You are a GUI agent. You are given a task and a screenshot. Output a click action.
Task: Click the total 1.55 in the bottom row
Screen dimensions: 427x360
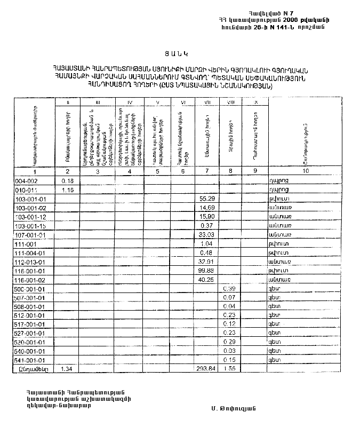tap(229, 369)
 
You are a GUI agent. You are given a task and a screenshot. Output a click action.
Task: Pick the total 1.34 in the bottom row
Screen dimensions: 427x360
tap(67, 369)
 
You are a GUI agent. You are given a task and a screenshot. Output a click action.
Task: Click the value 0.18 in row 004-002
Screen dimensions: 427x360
tap(67, 181)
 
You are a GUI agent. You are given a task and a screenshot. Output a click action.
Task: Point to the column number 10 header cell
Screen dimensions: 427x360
tap(305, 172)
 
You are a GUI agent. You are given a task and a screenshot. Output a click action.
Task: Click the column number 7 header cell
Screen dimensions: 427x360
tap(205, 172)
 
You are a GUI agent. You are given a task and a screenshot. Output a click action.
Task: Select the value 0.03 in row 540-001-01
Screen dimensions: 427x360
tap(230, 351)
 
